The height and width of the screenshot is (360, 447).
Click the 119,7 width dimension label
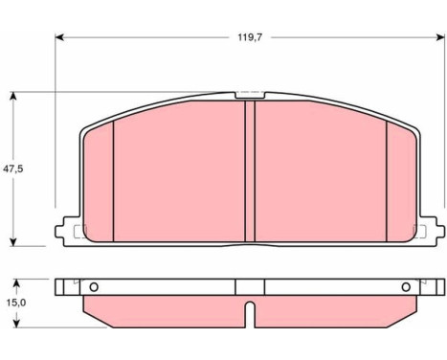coord(250,37)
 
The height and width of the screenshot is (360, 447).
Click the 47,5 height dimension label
coord(13,169)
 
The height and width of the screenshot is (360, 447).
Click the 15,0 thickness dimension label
coord(16,303)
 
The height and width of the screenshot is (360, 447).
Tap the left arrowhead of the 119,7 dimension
coord(59,37)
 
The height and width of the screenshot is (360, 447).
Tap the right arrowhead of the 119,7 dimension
coord(440,37)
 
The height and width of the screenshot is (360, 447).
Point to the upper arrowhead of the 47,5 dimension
coord(13,97)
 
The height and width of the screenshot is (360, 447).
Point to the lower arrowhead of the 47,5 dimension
coord(13,242)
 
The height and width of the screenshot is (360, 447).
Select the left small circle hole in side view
coord(94,287)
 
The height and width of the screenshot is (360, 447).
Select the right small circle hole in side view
coord(406,287)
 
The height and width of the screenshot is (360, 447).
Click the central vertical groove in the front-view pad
coord(250,171)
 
